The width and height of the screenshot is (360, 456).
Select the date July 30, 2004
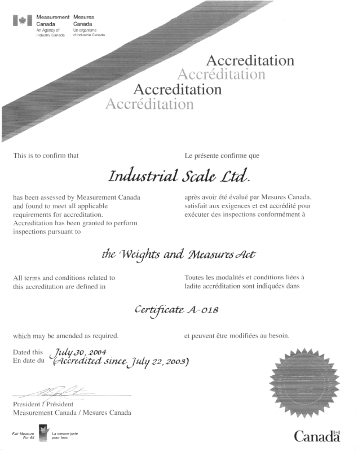80,352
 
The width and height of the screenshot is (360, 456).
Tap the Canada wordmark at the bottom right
317,436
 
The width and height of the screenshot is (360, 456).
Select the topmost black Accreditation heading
250,61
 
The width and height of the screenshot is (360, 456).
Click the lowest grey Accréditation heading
150,104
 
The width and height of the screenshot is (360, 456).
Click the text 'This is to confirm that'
46,156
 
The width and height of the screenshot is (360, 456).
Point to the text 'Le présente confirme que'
222,156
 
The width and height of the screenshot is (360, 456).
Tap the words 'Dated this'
28,352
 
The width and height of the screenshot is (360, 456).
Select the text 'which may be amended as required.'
66,336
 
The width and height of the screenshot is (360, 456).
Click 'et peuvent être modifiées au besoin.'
237,336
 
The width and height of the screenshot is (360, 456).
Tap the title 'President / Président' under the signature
43,404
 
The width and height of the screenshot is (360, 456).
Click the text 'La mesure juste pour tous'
65,435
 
